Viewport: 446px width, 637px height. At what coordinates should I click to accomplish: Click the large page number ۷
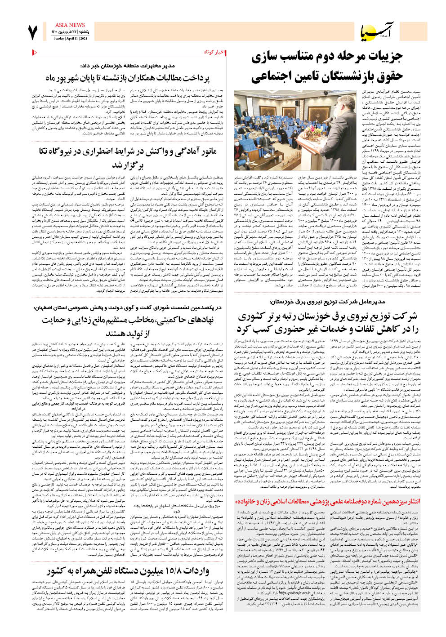32,33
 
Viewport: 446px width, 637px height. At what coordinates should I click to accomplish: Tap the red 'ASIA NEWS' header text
70,25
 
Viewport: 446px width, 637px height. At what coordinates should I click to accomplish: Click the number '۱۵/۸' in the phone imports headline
174,570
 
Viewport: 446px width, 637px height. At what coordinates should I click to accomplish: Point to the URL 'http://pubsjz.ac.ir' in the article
294,593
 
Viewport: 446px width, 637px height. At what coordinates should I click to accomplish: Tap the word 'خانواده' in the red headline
245,501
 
